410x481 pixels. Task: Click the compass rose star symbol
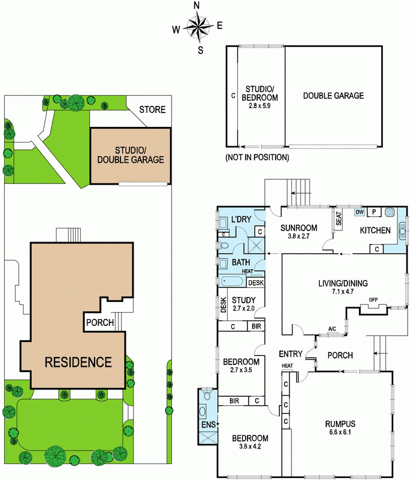tap(199, 27)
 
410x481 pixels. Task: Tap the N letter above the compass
tap(196, 5)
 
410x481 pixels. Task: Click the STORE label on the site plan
tap(152, 109)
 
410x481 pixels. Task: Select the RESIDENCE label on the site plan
tap(78, 363)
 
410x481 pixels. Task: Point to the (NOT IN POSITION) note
tap(257, 158)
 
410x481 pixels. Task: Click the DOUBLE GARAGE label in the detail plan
tap(334, 96)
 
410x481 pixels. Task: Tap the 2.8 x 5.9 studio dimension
tap(260, 106)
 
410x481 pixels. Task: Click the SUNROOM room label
tap(299, 228)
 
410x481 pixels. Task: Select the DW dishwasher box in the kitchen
tap(359, 212)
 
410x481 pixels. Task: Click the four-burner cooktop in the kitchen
tap(390, 212)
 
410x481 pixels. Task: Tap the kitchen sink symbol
tap(402, 231)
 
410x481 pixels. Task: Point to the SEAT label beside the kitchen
tap(339, 218)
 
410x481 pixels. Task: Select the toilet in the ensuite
tap(207, 395)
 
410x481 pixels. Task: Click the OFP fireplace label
tap(373, 299)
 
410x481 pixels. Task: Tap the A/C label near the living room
tap(332, 329)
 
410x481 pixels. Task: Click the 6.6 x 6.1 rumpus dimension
tap(340, 432)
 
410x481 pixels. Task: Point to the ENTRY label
tap(291, 354)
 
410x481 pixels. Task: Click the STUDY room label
tap(244, 300)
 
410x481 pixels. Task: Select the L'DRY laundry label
tap(241, 219)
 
